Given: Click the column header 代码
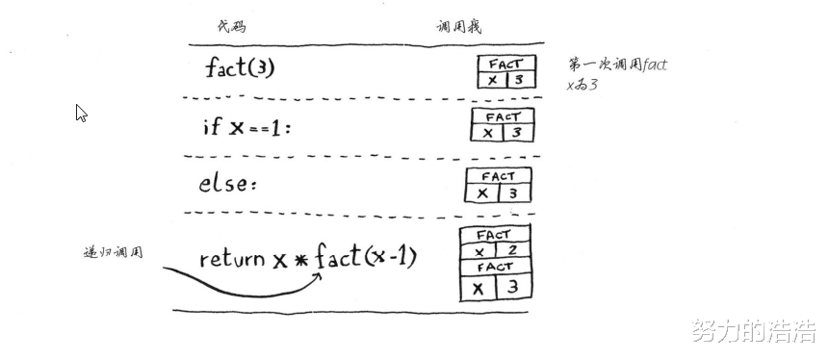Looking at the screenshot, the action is pyautogui.click(x=233, y=27).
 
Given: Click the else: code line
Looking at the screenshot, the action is pyautogui.click(x=228, y=183).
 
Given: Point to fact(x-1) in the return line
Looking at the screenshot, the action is pyautogui.click(x=365, y=257).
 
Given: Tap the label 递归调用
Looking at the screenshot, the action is pyautogui.click(x=114, y=252).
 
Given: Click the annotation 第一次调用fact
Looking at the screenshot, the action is pyautogui.click(x=617, y=65).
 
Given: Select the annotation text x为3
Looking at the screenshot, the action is pyautogui.click(x=583, y=85).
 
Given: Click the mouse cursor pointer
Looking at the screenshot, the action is pyautogui.click(x=81, y=112).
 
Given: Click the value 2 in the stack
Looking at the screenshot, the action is pyautogui.click(x=512, y=251).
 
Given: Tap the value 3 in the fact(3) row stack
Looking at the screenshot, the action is pyautogui.click(x=519, y=81).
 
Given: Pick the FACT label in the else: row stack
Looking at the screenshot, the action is pyautogui.click(x=498, y=176).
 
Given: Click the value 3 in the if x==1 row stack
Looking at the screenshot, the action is pyautogui.click(x=516, y=133).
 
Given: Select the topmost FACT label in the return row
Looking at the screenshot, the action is pyautogui.click(x=494, y=234).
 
